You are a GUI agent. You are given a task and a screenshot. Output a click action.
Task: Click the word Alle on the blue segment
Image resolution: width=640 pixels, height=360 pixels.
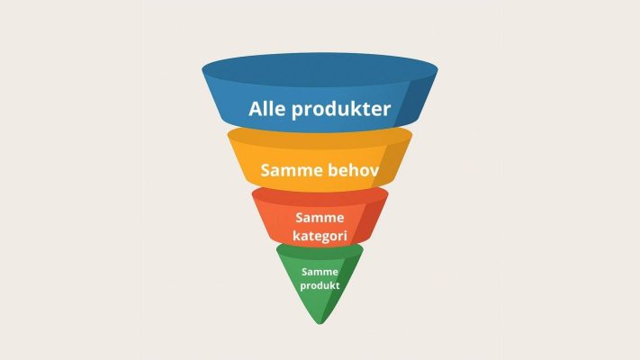click(267, 109)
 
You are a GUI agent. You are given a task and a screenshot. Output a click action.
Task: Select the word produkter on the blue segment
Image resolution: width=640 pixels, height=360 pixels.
click(341, 110)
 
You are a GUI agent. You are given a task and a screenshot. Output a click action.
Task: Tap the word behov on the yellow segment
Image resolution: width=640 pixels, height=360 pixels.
click(354, 169)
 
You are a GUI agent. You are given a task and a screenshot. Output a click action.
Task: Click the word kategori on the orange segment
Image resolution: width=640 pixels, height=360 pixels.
click(320, 236)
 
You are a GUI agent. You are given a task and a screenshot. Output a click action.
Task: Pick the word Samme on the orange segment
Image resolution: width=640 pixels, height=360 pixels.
click(320, 218)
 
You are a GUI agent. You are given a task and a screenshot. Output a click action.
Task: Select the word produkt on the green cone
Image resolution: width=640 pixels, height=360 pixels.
click(320, 285)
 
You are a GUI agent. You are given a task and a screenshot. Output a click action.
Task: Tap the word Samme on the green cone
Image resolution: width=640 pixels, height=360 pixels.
click(320, 272)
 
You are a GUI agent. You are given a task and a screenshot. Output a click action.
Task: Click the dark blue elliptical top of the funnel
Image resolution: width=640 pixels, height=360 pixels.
click(320, 70)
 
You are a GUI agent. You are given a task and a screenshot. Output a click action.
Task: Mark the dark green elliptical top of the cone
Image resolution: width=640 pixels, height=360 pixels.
click(320, 252)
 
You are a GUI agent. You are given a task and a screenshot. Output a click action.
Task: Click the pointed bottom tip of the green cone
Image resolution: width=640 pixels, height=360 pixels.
click(320, 324)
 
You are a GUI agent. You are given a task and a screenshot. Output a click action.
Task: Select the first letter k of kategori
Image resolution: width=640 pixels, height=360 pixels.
click(297, 235)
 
